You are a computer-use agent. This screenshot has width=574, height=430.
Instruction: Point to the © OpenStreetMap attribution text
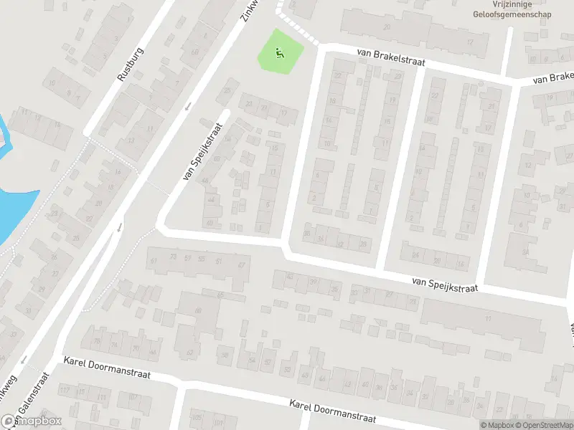click(545, 425)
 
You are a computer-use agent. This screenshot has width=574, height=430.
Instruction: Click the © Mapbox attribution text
click(497, 425)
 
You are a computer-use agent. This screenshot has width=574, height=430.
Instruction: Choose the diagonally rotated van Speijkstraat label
click(203, 151)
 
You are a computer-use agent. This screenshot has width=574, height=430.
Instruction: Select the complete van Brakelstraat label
click(391, 57)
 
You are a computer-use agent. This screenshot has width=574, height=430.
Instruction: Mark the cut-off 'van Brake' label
click(554, 78)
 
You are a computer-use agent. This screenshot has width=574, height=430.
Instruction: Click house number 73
click(172, 257)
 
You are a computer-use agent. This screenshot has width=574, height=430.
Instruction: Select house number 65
click(220, 295)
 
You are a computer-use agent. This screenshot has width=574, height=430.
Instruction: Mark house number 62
click(190, 352)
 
